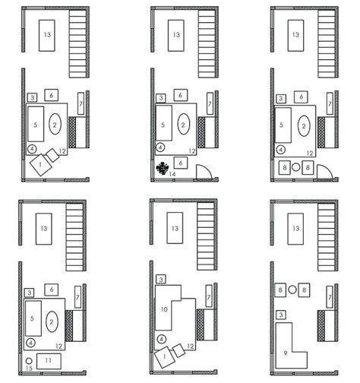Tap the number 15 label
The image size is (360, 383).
(x=28, y=369)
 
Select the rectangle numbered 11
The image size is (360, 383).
(x=46, y=359)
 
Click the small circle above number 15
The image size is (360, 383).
(x=28, y=359)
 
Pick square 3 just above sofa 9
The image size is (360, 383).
(x=281, y=314)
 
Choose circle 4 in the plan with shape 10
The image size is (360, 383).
(x=160, y=339)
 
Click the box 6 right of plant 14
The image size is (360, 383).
(x=179, y=162)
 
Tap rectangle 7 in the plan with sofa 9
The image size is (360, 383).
(x=330, y=296)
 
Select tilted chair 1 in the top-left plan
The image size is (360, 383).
(x=36, y=164)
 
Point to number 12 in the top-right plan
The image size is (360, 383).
(x=309, y=153)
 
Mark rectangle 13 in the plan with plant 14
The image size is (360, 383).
(x=175, y=36)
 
